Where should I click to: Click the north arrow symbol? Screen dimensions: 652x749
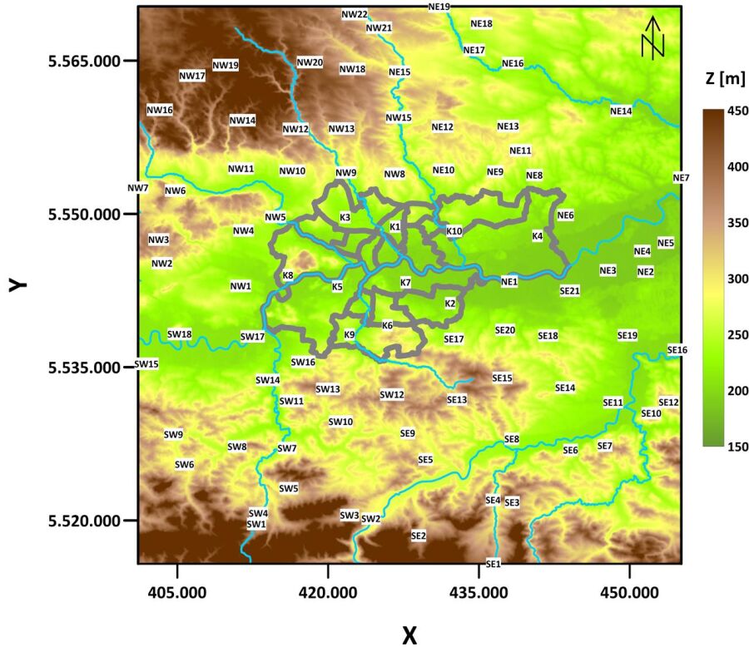(653, 37)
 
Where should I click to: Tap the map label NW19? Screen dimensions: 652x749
(226, 65)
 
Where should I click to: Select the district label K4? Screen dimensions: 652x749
(537, 236)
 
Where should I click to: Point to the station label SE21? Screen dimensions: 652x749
(569, 291)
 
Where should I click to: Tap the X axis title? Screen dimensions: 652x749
(409, 635)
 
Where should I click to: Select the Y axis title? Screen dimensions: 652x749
(17, 284)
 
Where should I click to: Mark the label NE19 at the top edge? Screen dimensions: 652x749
(439, 7)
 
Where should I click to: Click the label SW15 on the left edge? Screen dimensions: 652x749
(146, 364)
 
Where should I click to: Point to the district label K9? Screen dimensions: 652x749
(350, 335)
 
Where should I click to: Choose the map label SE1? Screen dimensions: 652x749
(494, 564)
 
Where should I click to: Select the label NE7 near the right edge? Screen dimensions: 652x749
(681, 178)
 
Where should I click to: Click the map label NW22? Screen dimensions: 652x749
(355, 15)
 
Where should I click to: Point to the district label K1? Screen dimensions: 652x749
(394, 227)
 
